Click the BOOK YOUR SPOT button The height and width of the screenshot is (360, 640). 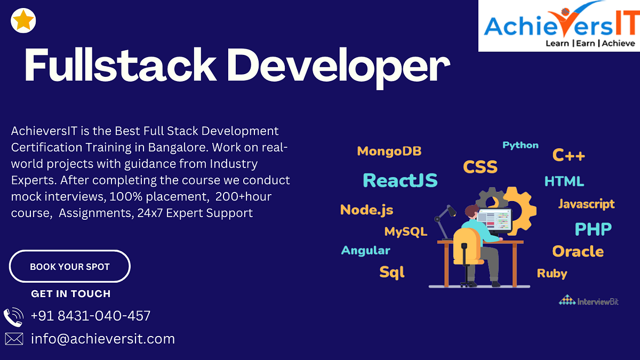pos(70,266)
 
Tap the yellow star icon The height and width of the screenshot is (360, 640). pos(23,21)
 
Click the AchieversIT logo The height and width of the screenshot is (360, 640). pos(559,26)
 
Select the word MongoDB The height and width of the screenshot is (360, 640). pos(389,151)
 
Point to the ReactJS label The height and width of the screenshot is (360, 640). pos(400,181)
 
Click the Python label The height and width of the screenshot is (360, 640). pos(521,145)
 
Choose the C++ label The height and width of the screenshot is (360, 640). pos(569,155)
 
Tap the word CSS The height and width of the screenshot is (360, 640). pos(480,167)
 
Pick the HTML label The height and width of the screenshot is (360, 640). pos(564,181)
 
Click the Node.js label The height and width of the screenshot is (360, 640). pos(366,210)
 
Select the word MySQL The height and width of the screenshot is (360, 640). pos(406,231)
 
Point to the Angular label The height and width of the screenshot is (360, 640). pos(365,251)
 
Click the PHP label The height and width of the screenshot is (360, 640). pos(593,229)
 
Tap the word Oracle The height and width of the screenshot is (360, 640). pos(578,252)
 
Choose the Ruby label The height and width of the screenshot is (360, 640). pos(552,274)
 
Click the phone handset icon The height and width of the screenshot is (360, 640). pos(13,317)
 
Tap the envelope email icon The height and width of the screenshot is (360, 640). pos(14,339)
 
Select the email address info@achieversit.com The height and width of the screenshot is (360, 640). pos(103,339)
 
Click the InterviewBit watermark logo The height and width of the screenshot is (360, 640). pos(589,300)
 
